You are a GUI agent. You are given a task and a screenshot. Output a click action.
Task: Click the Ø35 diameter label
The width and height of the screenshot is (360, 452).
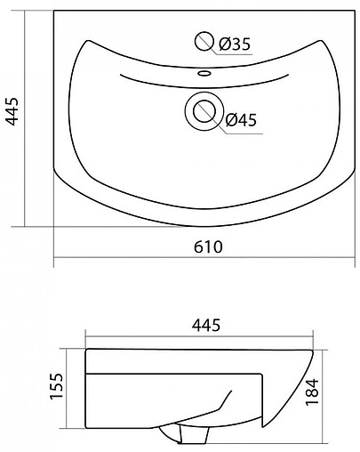click(234, 44)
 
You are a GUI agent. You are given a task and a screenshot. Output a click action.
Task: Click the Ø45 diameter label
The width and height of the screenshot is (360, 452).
click(241, 122)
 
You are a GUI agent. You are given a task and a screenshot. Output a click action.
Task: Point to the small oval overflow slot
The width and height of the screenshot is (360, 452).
click(204, 73)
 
